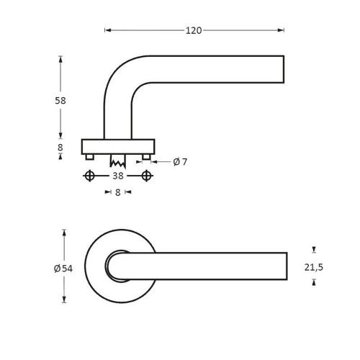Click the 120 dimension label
[194, 30]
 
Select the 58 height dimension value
[60, 101]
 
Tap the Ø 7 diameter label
[180, 162]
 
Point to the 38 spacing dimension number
[118, 176]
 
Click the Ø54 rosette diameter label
[63, 269]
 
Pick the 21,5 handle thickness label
[314, 267]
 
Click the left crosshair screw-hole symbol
[89, 176]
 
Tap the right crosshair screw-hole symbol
[146, 176]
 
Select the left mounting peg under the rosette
[90, 157]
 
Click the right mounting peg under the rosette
[146, 157]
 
